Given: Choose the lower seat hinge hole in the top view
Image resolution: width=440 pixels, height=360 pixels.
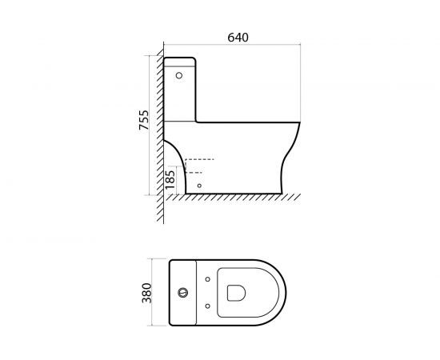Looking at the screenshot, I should pyautogui.click(x=208, y=304).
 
